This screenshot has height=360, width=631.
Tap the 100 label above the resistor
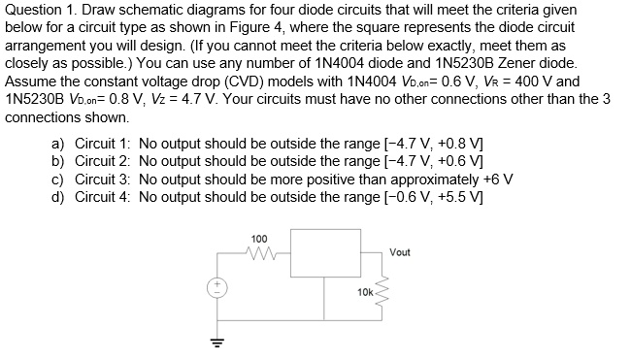(259, 239)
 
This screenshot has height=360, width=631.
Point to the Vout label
(399, 252)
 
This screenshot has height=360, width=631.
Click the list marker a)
(58, 145)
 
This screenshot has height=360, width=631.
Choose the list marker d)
(58, 197)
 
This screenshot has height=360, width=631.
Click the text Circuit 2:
(102, 162)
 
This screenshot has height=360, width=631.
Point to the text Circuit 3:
(102, 180)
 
